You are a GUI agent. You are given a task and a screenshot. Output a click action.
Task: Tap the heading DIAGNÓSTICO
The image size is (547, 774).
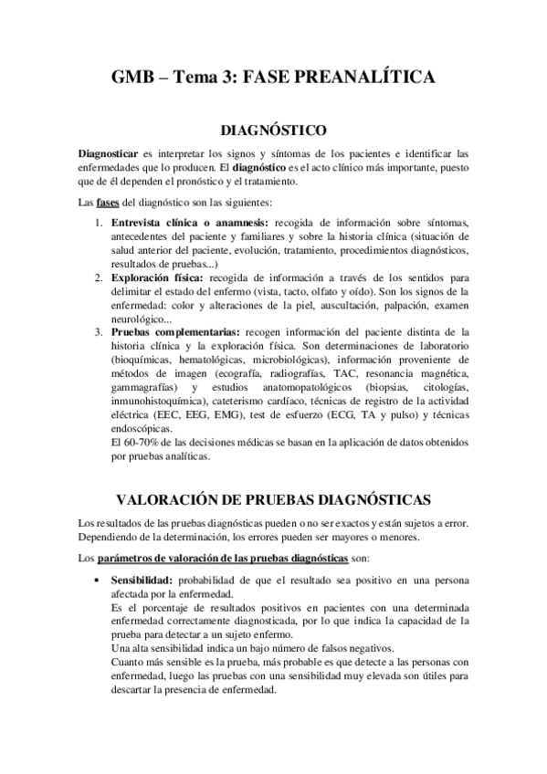tap(273, 131)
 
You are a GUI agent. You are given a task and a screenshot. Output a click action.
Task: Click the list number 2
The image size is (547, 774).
tap(99, 276)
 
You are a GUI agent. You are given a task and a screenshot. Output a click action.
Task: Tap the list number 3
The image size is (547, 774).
tap(99, 332)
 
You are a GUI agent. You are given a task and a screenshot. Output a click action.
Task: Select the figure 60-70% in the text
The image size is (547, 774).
tap(139, 443)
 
